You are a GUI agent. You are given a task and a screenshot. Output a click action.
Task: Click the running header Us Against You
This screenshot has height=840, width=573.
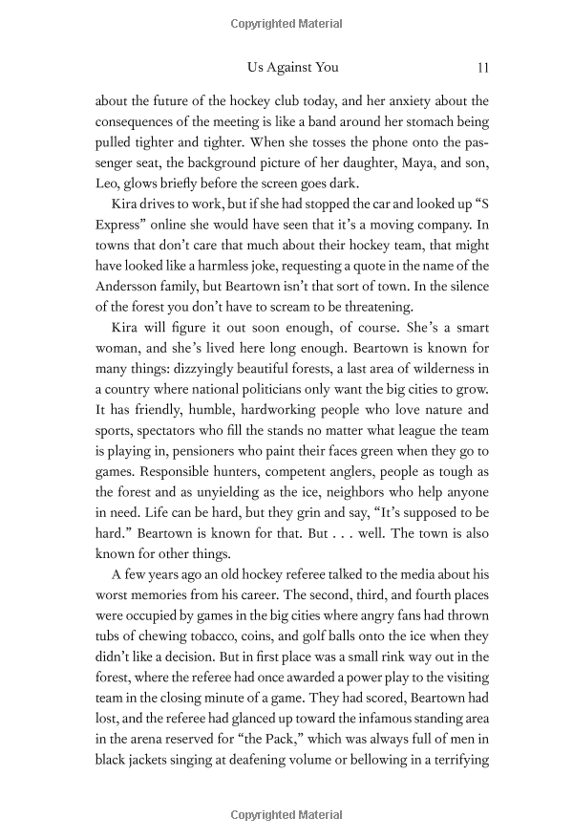point(292,68)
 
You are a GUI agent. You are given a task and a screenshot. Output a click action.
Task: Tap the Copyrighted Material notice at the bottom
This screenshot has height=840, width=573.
point(286,815)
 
